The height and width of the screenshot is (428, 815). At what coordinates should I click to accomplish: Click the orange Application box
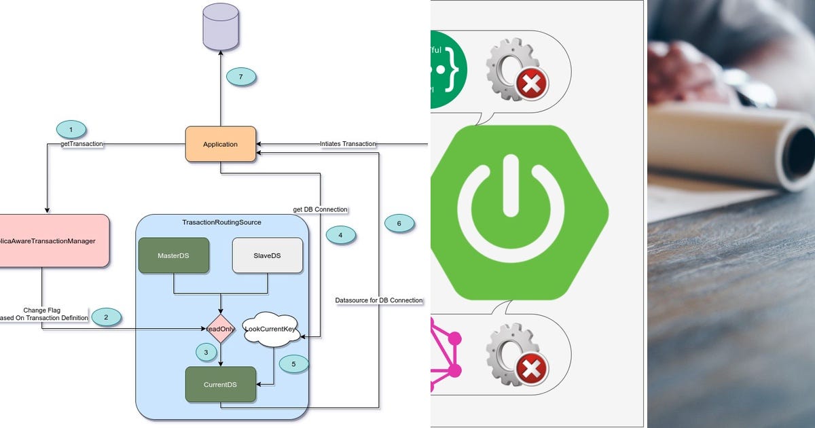(x=220, y=144)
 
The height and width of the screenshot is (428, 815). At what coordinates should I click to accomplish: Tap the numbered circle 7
(x=240, y=77)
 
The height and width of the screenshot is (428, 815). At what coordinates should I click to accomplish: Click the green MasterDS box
(x=174, y=255)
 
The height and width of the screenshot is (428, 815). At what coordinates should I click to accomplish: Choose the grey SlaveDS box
(x=267, y=255)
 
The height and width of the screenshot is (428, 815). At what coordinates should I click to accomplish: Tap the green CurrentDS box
(x=220, y=385)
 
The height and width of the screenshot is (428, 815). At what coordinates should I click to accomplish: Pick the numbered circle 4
(x=341, y=235)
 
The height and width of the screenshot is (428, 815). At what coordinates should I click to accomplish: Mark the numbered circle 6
(x=399, y=223)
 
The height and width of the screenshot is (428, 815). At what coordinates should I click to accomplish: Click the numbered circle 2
(x=107, y=316)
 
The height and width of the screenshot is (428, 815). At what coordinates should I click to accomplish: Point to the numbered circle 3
(x=206, y=352)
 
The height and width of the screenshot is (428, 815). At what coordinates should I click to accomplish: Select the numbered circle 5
(x=293, y=363)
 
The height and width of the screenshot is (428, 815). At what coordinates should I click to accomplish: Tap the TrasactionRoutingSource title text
(x=221, y=222)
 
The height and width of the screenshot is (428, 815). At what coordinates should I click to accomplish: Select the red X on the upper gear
(x=532, y=83)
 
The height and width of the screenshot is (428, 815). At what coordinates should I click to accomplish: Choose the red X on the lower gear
(x=532, y=370)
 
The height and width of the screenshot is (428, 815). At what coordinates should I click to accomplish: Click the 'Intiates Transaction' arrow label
(x=348, y=144)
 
